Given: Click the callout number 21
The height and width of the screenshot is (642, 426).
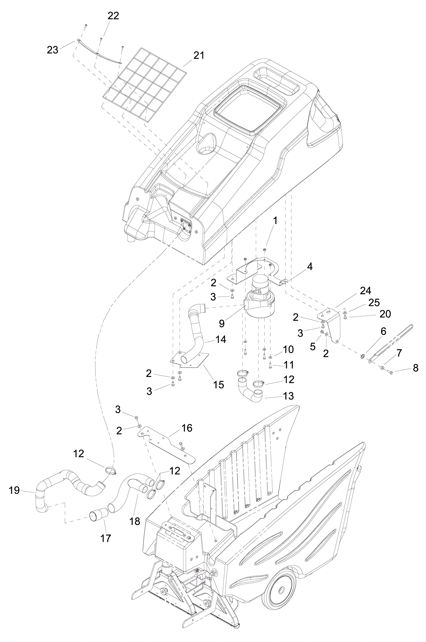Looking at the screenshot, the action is pos(199,55).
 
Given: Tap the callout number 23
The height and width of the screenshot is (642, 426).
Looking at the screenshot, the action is pos(52,50).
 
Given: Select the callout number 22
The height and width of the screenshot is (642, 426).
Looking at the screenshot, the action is pos(113,16).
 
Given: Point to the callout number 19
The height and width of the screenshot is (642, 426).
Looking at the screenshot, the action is pos(14,490).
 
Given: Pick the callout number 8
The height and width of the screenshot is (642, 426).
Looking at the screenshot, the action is pos(415,368).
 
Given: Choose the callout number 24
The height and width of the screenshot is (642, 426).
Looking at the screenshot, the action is pos(365,291).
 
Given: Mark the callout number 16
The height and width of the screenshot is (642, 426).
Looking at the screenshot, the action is pos(187,428).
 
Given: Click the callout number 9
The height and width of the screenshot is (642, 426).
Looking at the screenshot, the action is pos(222,323).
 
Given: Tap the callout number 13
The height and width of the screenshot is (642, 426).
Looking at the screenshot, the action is pos(289,396).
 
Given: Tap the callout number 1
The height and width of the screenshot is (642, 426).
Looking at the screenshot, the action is pos(275,221).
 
